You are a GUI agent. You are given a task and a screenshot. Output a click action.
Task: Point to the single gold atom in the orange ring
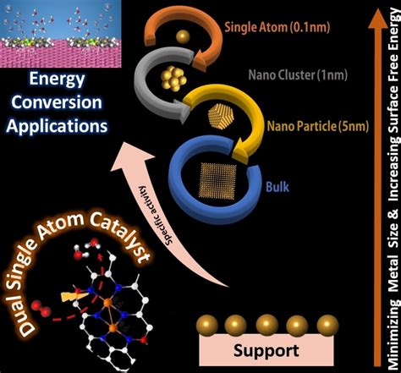[x=180, y=36]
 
